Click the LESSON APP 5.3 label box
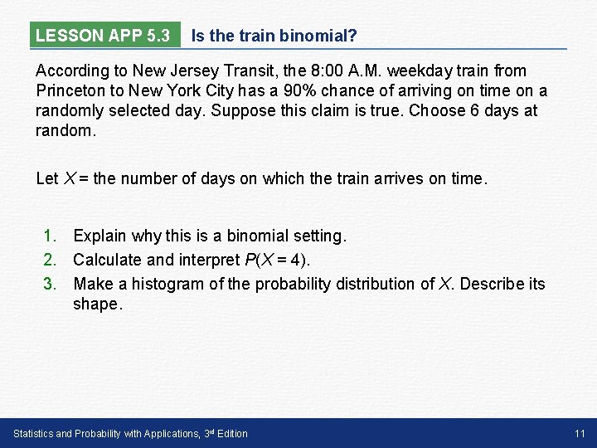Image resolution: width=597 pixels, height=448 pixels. tap(104, 36)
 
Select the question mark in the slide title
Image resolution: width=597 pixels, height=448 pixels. tap(353, 36)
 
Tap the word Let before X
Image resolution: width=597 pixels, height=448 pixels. tap(47, 178)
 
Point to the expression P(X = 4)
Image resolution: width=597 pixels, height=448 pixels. tap(277, 261)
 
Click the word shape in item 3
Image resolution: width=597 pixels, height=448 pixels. tap(95, 304)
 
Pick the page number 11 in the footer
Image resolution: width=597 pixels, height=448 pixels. tap(580, 433)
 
